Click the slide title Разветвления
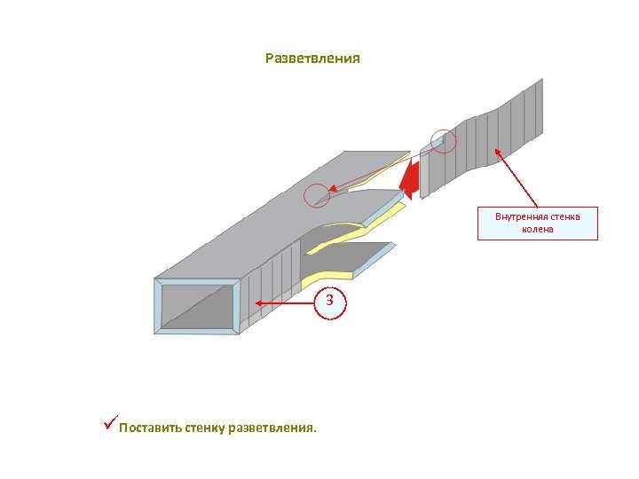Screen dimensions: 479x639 [x=312, y=59]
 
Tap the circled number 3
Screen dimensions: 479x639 [x=329, y=301]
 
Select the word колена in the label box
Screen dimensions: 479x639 [x=538, y=229]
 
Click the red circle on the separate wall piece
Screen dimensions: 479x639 [x=443, y=140]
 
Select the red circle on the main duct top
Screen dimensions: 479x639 [x=317, y=195]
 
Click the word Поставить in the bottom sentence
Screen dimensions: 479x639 [x=150, y=428]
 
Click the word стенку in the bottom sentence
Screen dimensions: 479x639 [x=206, y=428]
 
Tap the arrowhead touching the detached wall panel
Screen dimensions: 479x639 [x=497, y=151]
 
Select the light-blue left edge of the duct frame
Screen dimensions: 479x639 [x=157, y=305]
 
